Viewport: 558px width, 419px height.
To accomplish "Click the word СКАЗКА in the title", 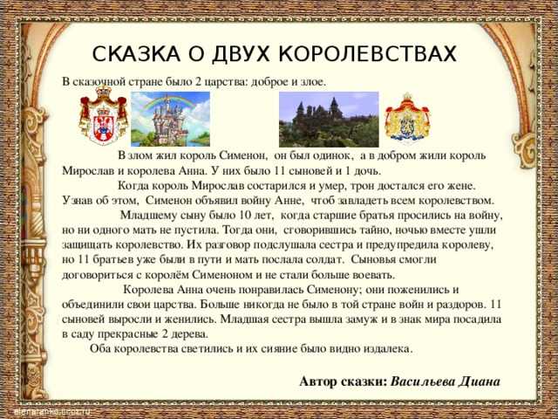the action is click(136, 54).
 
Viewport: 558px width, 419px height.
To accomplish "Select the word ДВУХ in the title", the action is click(241, 54).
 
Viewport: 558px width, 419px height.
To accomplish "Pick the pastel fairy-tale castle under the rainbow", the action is click(167, 121).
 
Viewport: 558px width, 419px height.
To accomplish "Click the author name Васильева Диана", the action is click(446, 381).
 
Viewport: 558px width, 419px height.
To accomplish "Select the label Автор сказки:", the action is click(343, 381).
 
